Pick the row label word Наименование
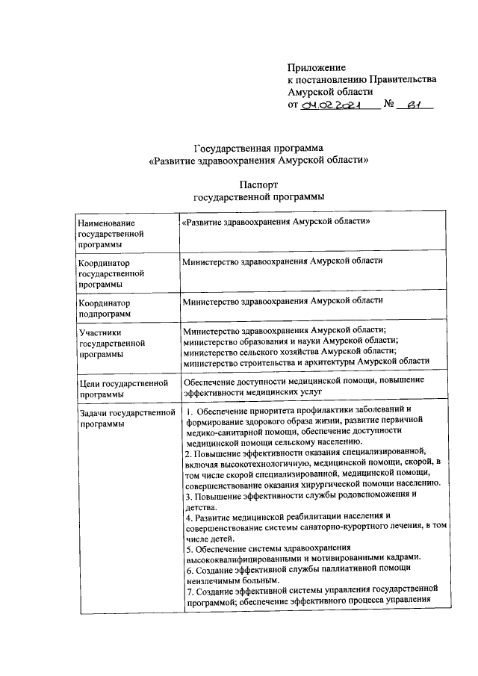tap(107, 223)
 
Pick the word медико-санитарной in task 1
tap(223, 431)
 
